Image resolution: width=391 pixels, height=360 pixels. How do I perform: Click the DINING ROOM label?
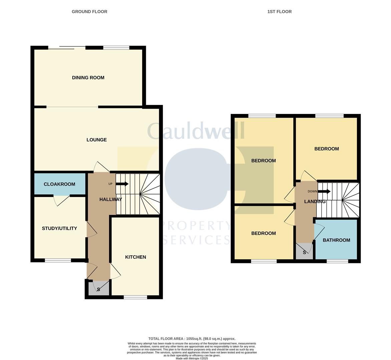pyautogui.click(x=88, y=78)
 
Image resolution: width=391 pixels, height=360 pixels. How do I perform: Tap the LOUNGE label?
pyautogui.click(x=96, y=140)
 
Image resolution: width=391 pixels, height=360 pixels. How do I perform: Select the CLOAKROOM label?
pyautogui.click(x=59, y=184)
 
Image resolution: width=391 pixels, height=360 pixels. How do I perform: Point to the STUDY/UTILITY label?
pyautogui.click(x=59, y=228)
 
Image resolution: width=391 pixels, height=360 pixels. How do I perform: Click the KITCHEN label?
pyautogui.click(x=135, y=257)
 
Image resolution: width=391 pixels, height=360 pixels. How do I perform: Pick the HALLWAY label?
pyautogui.click(x=110, y=199)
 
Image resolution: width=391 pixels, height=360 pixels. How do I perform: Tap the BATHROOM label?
pyautogui.click(x=336, y=240)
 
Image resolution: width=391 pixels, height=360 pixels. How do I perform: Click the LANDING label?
pyautogui.click(x=315, y=201)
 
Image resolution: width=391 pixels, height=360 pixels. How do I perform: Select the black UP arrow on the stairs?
pyautogui.click(x=122, y=184)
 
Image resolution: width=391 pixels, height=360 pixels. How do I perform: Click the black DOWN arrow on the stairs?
pyautogui.click(x=324, y=191)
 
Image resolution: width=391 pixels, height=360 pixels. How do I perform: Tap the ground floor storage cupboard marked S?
pyautogui.click(x=98, y=289)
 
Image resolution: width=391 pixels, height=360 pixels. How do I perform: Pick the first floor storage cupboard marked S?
pyautogui.click(x=304, y=252)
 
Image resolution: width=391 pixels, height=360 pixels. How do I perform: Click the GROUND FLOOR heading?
pyautogui.click(x=89, y=12)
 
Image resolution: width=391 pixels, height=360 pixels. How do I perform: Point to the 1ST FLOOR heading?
pyautogui.click(x=279, y=12)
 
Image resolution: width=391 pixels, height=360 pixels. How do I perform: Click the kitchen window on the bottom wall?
pyautogui.click(x=135, y=297)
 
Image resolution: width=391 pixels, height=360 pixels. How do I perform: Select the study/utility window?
pyautogui.click(x=58, y=260)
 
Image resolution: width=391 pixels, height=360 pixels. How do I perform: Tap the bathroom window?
pyautogui.click(x=337, y=261)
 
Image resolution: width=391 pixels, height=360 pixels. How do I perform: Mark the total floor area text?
pyautogui.click(x=192, y=339)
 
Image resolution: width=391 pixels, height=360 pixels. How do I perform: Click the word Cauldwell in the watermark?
pyautogui.click(x=196, y=131)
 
